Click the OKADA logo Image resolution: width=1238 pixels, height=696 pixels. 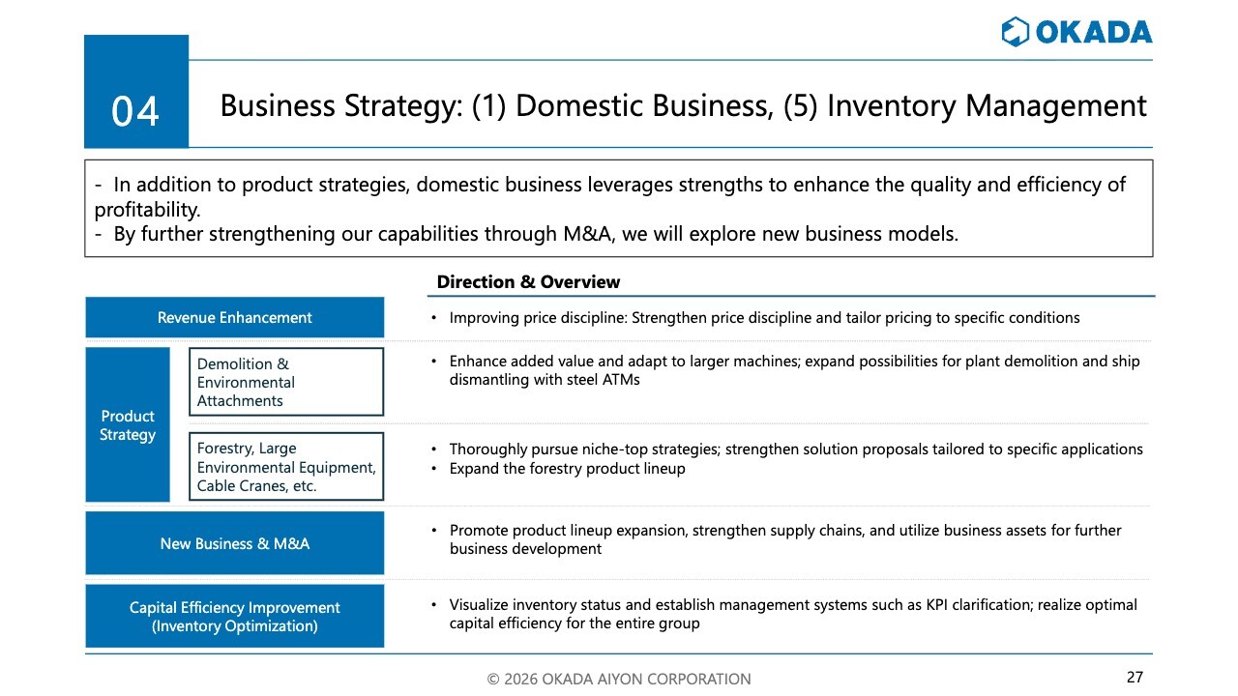coord(1076,32)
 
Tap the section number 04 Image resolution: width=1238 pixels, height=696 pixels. coord(135,111)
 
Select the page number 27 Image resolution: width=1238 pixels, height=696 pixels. coord(1135,678)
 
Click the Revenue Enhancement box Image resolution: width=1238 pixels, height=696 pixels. coord(235,318)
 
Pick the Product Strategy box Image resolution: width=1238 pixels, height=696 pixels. coord(128,424)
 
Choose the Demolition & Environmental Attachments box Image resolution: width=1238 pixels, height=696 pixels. coord(286,382)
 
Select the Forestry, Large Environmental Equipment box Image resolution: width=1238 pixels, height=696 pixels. coord(286,467)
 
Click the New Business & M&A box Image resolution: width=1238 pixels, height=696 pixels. coord(235,543)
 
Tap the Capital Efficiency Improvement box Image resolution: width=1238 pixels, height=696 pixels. coord(235,617)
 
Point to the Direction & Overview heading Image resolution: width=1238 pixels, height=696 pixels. coord(528,282)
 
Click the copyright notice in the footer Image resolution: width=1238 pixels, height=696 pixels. coord(619,679)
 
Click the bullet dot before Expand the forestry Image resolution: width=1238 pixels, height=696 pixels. coord(434,469)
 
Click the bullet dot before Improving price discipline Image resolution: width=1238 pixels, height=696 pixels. coord(434,318)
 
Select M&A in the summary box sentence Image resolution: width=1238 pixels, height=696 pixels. coord(587,234)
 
